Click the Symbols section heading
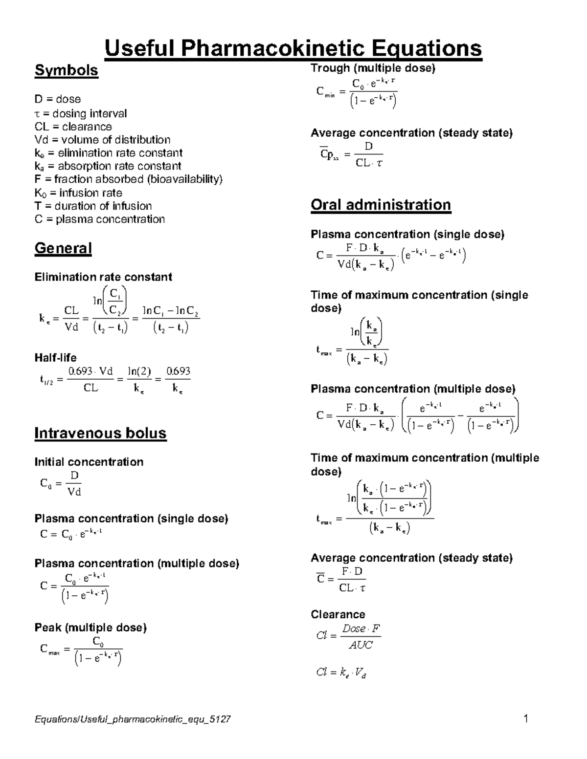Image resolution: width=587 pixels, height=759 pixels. tap(66, 70)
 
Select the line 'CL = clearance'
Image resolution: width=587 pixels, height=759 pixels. tap(73, 127)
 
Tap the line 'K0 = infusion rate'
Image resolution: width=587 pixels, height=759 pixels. tap(78, 193)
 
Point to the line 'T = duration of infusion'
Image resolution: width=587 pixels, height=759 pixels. tap(93, 206)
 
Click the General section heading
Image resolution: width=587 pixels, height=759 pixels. tap(63, 248)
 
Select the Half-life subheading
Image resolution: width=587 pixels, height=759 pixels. tap(55, 357)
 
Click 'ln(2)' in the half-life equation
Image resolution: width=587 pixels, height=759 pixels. tap(139, 371)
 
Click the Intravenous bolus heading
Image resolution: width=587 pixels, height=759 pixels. tap(100, 433)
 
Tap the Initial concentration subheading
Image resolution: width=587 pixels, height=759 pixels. tap(89, 462)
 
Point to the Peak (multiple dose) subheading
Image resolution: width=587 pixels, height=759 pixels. tap(90, 628)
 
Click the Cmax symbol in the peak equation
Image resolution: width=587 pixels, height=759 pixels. tap(49, 650)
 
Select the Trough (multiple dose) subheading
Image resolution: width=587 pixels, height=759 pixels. tap(373, 68)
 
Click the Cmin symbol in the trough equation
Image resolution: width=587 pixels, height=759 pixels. tap(325, 92)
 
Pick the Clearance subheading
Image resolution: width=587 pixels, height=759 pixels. tap(338, 614)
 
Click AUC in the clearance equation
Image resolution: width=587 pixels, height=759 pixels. tap(361, 645)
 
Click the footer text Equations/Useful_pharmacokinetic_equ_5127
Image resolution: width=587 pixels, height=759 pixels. tap(133, 719)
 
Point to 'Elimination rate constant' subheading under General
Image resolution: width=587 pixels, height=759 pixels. tap(103, 277)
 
